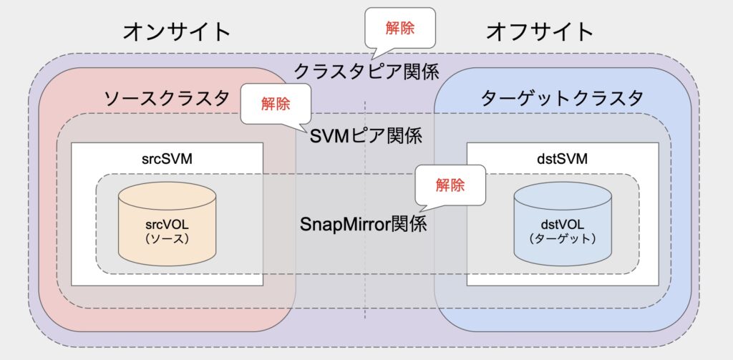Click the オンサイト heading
178,31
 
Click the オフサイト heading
540,31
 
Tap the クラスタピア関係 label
366,71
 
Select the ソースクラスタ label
167,99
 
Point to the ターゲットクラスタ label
563,99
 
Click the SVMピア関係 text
366,136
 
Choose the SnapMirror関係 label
363,224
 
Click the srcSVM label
167,159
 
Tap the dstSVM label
563,159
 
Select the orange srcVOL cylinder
167,225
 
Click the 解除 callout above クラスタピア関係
400,29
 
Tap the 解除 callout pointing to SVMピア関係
276,103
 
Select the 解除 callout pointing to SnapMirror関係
450,185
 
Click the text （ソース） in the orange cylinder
167,238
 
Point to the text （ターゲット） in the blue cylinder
563,238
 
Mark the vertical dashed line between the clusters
365,210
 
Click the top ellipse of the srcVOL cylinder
167,196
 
